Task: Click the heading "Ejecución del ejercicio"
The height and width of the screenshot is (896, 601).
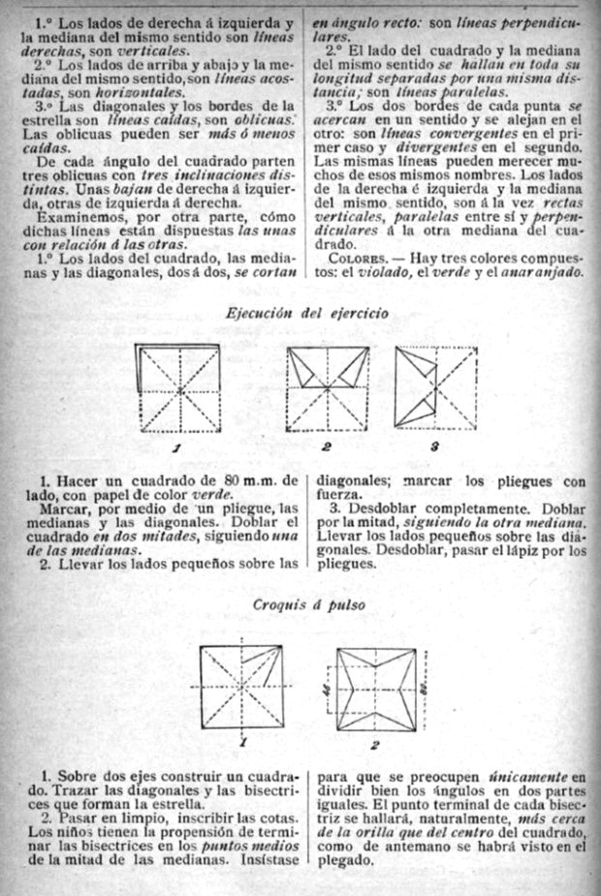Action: pyautogui.click(x=306, y=314)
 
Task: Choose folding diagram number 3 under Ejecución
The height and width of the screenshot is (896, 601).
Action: pyautogui.click(x=436, y=387)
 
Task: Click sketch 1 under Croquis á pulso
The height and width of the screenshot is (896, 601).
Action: pyautogui.click(x=242, y=689)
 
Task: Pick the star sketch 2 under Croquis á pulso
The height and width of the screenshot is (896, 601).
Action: pyautogui.click(x=374, y=690)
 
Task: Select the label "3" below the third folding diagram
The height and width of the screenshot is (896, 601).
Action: pyautogui.click(x=435, y=447)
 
